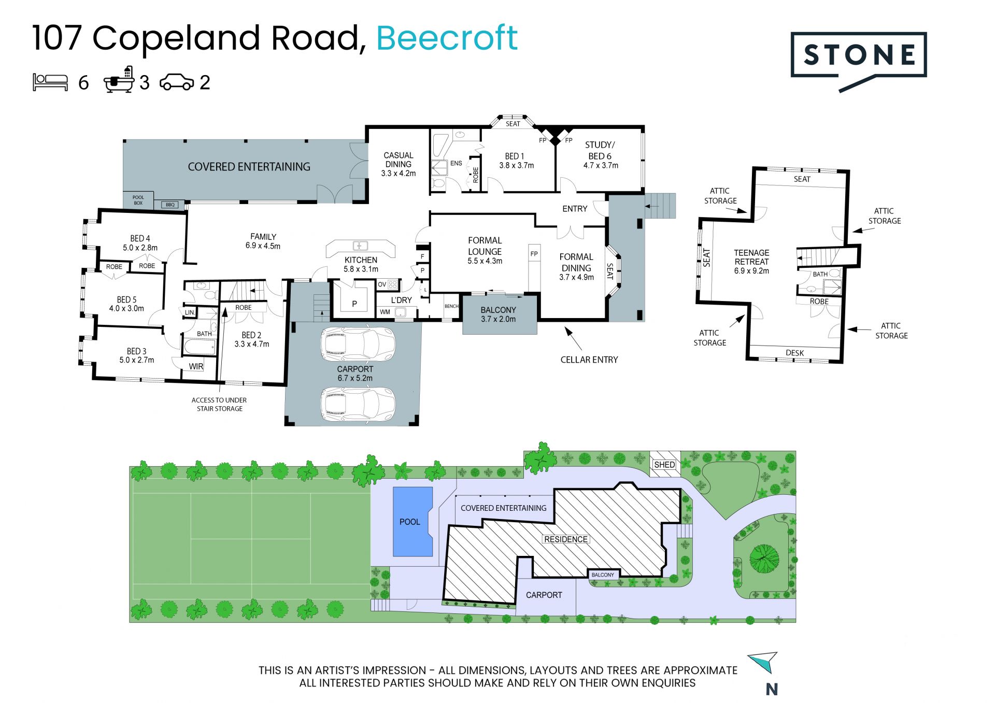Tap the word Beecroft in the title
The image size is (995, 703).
tap(447, 38)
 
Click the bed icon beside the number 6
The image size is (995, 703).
tap(50, 82)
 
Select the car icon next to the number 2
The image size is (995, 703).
tap(177, 82)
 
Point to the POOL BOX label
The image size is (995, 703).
tap(138, 200)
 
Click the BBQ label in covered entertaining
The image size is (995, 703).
tap(170, 205)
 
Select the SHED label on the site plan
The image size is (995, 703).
tap(664, 465)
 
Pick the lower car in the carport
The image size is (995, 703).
tap(358, 405)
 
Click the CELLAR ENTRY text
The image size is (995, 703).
tap(589, 360)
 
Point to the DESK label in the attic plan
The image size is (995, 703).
tap(794, 353)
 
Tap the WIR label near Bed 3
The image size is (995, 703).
tap(196, 366)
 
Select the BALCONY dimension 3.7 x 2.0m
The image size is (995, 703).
tap(498, 319)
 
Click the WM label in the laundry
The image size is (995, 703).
tap(385, 312)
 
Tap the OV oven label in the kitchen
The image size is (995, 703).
tap(382, 284)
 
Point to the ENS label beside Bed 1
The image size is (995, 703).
tap(456, 163)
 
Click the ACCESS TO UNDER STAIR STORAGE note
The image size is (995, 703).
tap(219, 404)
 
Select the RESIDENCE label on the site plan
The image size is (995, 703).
tap(566, 539)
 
